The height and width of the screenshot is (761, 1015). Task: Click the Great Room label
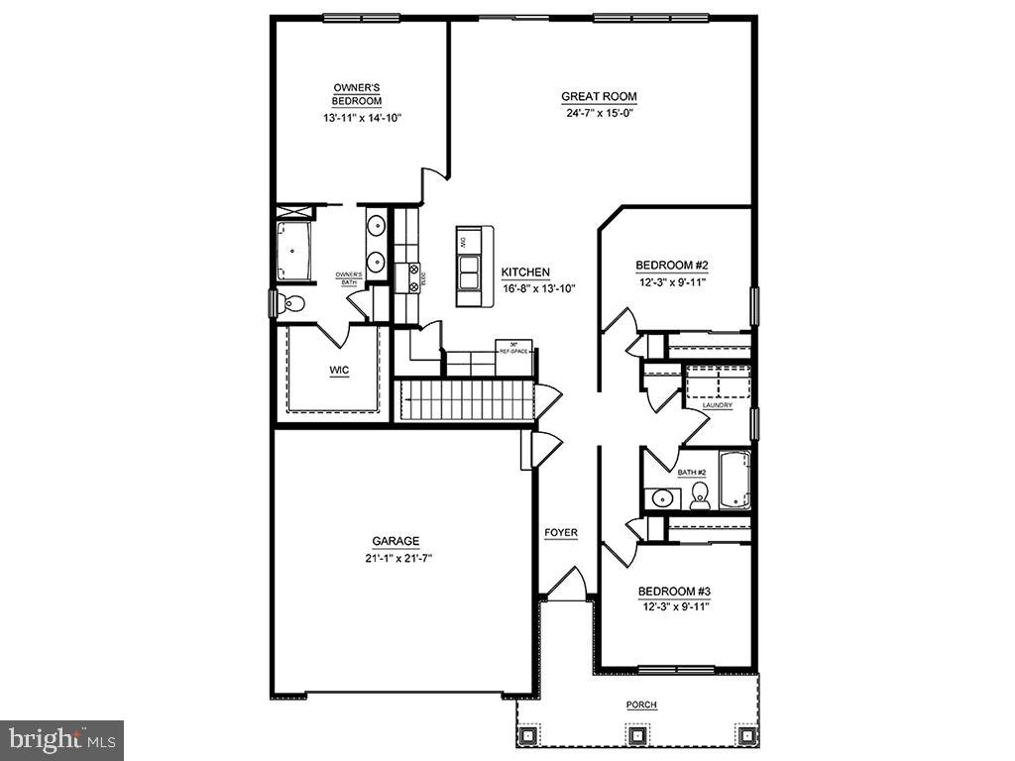tap(599, 97)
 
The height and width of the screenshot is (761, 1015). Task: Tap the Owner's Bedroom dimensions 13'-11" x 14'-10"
tap(362, 118)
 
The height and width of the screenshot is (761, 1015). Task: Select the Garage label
tap(395, 542)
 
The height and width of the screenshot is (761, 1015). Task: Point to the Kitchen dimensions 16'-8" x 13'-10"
tap(538, 288)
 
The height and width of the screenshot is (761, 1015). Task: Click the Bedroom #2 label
tap(671, 266)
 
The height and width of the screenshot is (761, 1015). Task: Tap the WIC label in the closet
tap(340, 371)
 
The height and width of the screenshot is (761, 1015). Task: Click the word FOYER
tap(560, 533)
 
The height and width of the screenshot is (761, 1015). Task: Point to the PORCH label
tap(641, 705)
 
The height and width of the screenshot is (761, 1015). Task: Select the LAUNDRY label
tap(717, 405)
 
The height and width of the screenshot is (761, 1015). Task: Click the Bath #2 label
tap(692, 472)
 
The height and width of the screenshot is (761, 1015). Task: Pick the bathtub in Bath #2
tap(734, 481)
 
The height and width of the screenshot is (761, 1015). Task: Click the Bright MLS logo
tap(61, 739)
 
